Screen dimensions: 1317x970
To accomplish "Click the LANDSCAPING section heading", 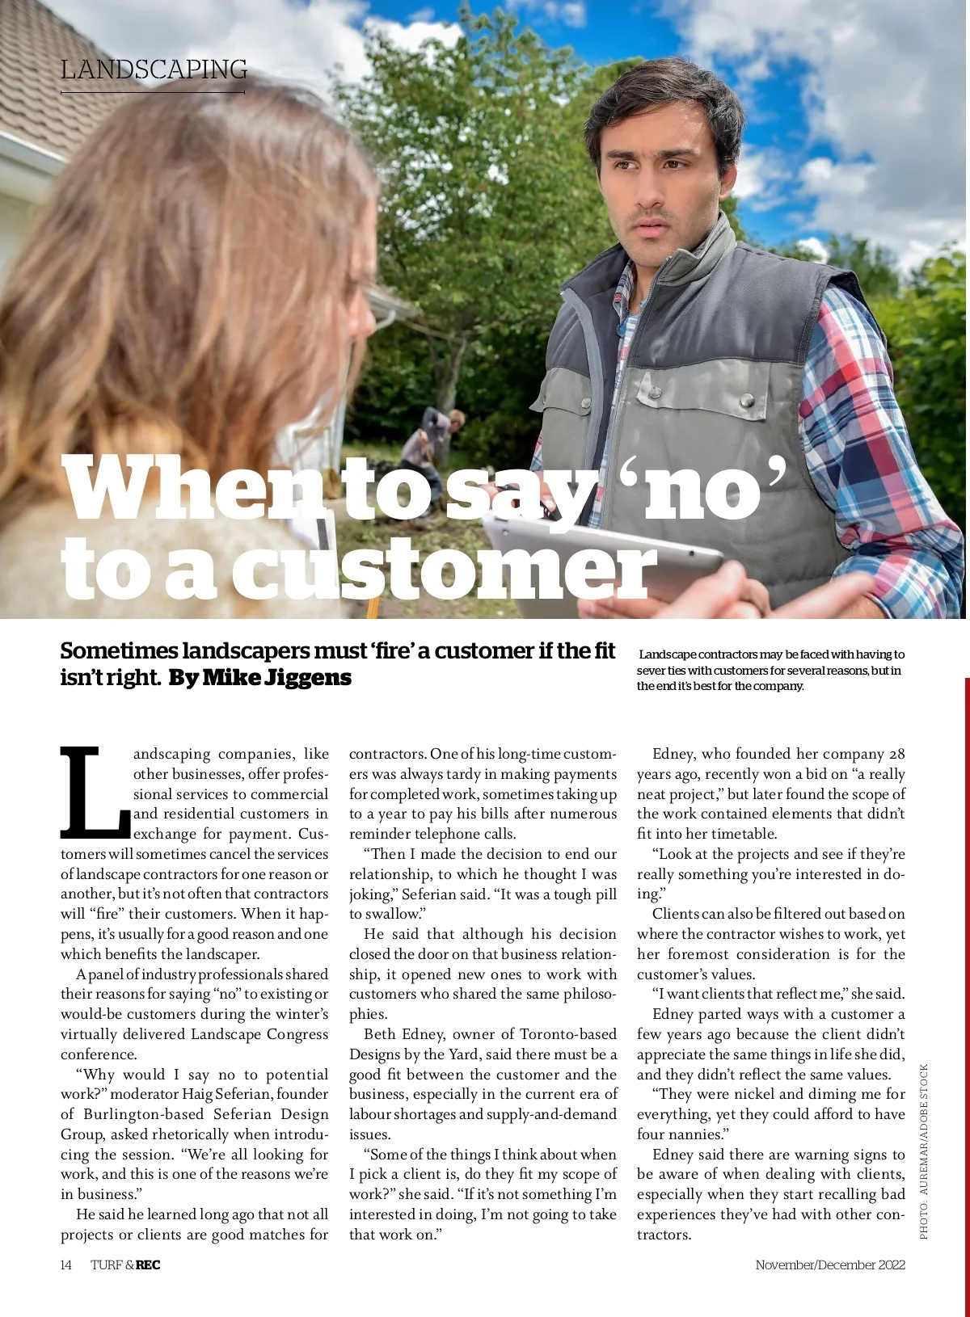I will point(154,69).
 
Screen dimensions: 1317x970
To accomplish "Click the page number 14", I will point(66,1264).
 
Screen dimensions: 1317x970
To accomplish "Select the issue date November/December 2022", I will point(829,1264).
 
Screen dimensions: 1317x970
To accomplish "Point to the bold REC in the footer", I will point(148,1264).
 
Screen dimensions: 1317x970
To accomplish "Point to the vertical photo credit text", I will point(924,1151).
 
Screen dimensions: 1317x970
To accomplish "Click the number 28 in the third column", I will point(896,754).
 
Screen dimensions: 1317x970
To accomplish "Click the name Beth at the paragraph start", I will point(379,1034).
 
